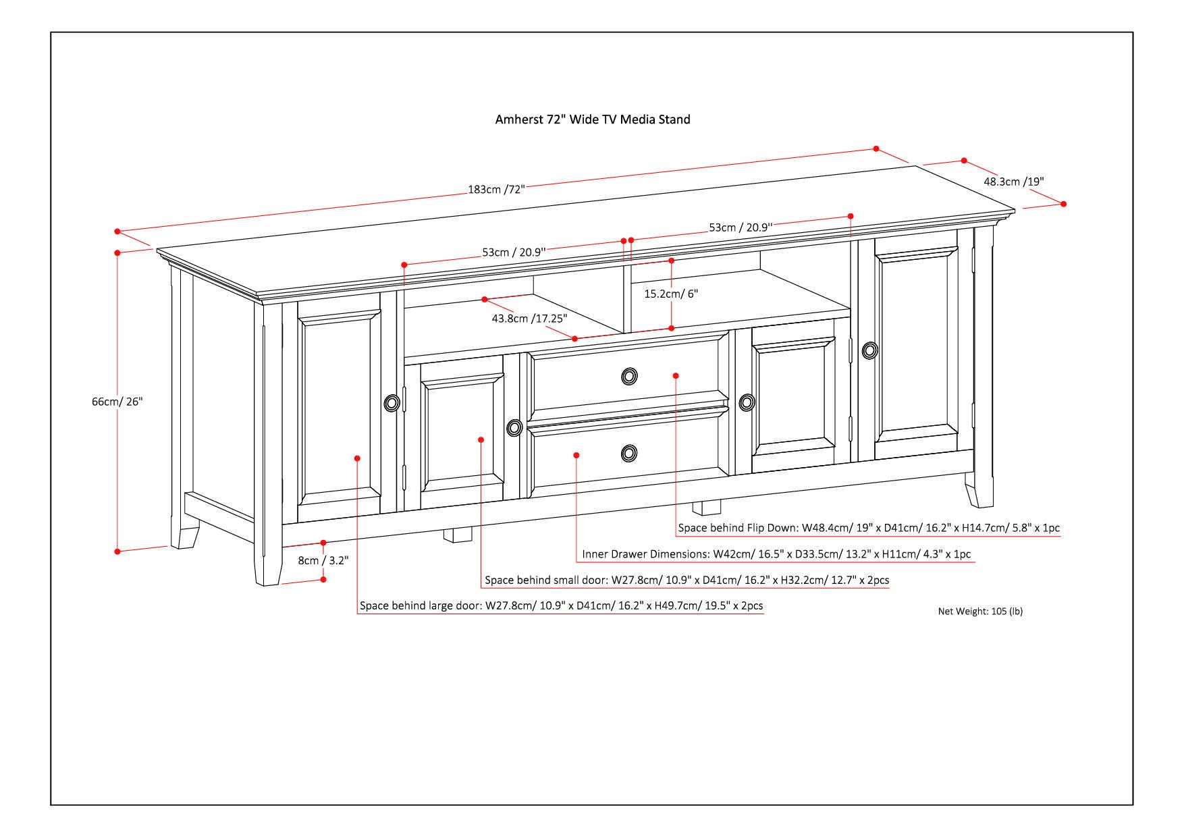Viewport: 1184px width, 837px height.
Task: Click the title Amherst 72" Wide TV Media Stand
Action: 592,119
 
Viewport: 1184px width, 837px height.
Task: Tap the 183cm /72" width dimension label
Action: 496,189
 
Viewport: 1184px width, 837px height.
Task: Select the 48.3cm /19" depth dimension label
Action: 1013,181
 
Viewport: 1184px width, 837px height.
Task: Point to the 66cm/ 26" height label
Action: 117,402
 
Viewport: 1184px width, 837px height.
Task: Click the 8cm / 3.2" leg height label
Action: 323,560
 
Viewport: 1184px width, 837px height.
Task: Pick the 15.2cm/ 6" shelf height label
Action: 671,294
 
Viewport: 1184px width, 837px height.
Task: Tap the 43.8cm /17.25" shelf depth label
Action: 529,318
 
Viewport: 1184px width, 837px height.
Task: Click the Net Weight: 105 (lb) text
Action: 979,612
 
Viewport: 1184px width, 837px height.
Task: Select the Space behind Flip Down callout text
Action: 869,528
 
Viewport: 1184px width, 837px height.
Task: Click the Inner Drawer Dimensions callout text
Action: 776,554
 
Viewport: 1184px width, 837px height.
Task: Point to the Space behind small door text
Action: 687,580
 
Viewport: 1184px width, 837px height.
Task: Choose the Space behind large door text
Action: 561,605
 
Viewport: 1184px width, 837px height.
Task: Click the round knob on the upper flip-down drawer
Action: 629,376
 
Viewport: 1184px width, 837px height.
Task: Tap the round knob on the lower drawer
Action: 629,453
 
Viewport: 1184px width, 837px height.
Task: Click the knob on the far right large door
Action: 869,350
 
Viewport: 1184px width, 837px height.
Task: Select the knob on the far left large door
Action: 392,403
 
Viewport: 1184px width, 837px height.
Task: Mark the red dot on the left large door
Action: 357,458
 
